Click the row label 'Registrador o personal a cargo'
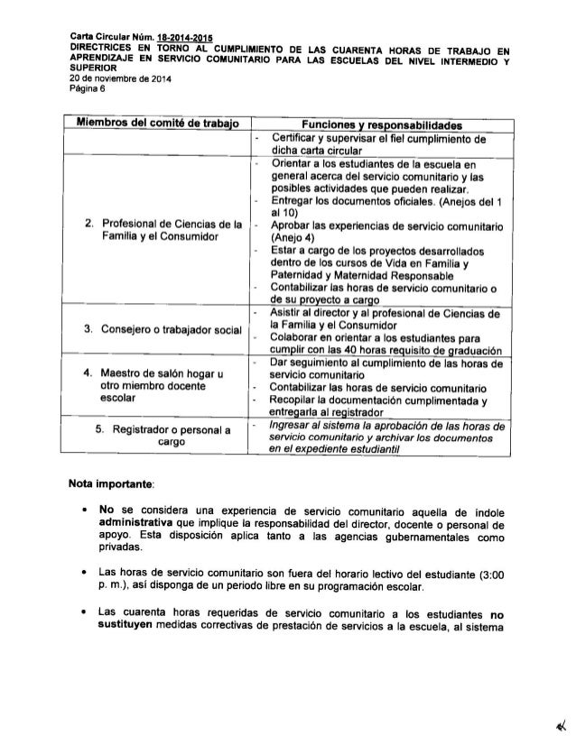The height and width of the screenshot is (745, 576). tap(163, 436)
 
